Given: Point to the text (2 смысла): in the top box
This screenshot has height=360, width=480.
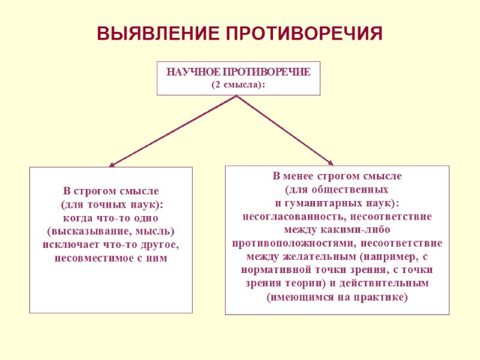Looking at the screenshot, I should [238, 85].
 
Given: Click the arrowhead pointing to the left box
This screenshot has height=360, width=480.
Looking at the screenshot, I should [112, 164].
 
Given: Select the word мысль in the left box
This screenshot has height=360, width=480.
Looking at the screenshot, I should [153, 232].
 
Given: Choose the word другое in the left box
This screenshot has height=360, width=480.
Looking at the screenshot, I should [158, 245].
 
